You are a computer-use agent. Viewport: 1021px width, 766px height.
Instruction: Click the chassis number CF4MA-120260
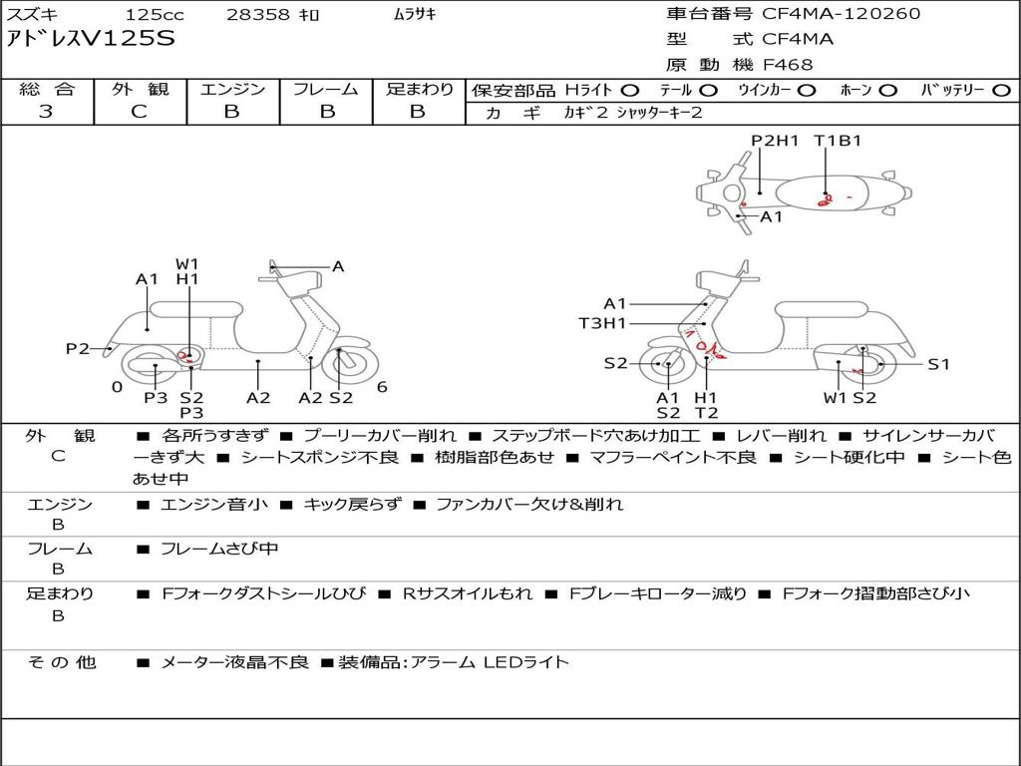tap(842, 14)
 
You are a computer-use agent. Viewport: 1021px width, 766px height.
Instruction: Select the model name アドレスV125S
tap(91, 39)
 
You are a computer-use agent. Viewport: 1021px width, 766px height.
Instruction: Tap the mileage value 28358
tap(257, 14)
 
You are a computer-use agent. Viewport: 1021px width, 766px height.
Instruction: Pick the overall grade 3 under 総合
tap(46, 112)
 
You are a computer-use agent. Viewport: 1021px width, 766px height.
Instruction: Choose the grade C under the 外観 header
tap(139, 112)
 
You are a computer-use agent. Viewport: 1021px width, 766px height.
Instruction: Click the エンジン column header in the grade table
tap(232, 89)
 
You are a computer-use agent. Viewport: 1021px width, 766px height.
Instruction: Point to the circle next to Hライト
tap(630, 91)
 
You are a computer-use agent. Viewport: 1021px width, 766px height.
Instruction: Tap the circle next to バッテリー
tap(1001, 91)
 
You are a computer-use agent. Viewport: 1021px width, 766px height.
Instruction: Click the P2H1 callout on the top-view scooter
tap(775, 141)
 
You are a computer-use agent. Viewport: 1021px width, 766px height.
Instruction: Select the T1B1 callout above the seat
tap(838, 141)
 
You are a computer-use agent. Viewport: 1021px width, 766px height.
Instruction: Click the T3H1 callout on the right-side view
tap(602, 323)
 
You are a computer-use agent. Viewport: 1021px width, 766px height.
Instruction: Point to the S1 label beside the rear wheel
tap(938, 365)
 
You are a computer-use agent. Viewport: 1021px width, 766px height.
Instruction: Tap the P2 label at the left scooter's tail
tap(78, 349)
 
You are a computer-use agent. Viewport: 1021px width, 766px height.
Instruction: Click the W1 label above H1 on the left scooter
tap(186, 264)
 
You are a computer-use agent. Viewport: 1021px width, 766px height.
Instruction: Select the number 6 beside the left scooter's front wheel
tap(382, 387)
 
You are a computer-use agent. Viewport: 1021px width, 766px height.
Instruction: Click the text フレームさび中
tap(219, 549)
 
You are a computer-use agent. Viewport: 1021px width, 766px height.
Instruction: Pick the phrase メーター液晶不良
tap(234, 662)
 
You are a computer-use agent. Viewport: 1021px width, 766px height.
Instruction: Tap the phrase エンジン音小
tap(213, 504)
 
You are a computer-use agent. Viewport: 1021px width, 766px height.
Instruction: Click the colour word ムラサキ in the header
tap(415, 14)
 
